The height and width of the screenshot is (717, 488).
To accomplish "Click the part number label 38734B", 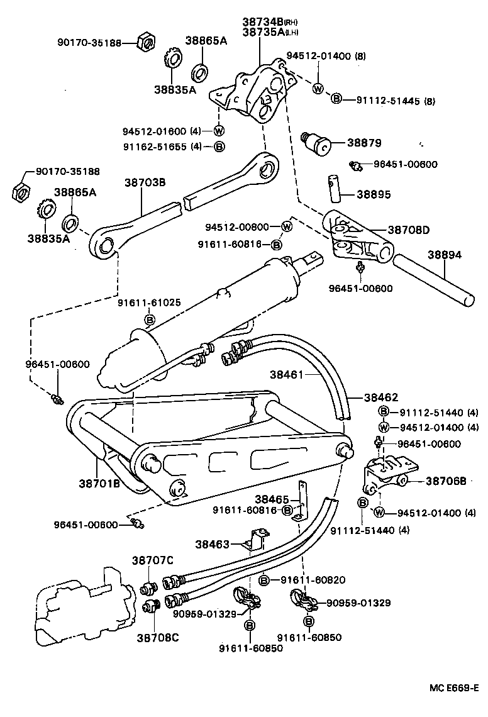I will coord(262,21).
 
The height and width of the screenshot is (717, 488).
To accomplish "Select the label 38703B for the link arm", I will coord(145,183).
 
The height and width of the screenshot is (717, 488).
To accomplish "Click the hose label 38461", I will coord(287,374).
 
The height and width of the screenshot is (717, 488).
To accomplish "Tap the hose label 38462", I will coord(381,397).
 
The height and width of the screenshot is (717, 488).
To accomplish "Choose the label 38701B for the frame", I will coord(99,484).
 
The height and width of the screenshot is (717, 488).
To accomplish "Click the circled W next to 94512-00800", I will coord(286,226).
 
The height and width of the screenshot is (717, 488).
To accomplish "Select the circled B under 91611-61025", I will coord(150,321).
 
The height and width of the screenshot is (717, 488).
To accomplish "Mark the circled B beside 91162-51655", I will coord(219,147).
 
